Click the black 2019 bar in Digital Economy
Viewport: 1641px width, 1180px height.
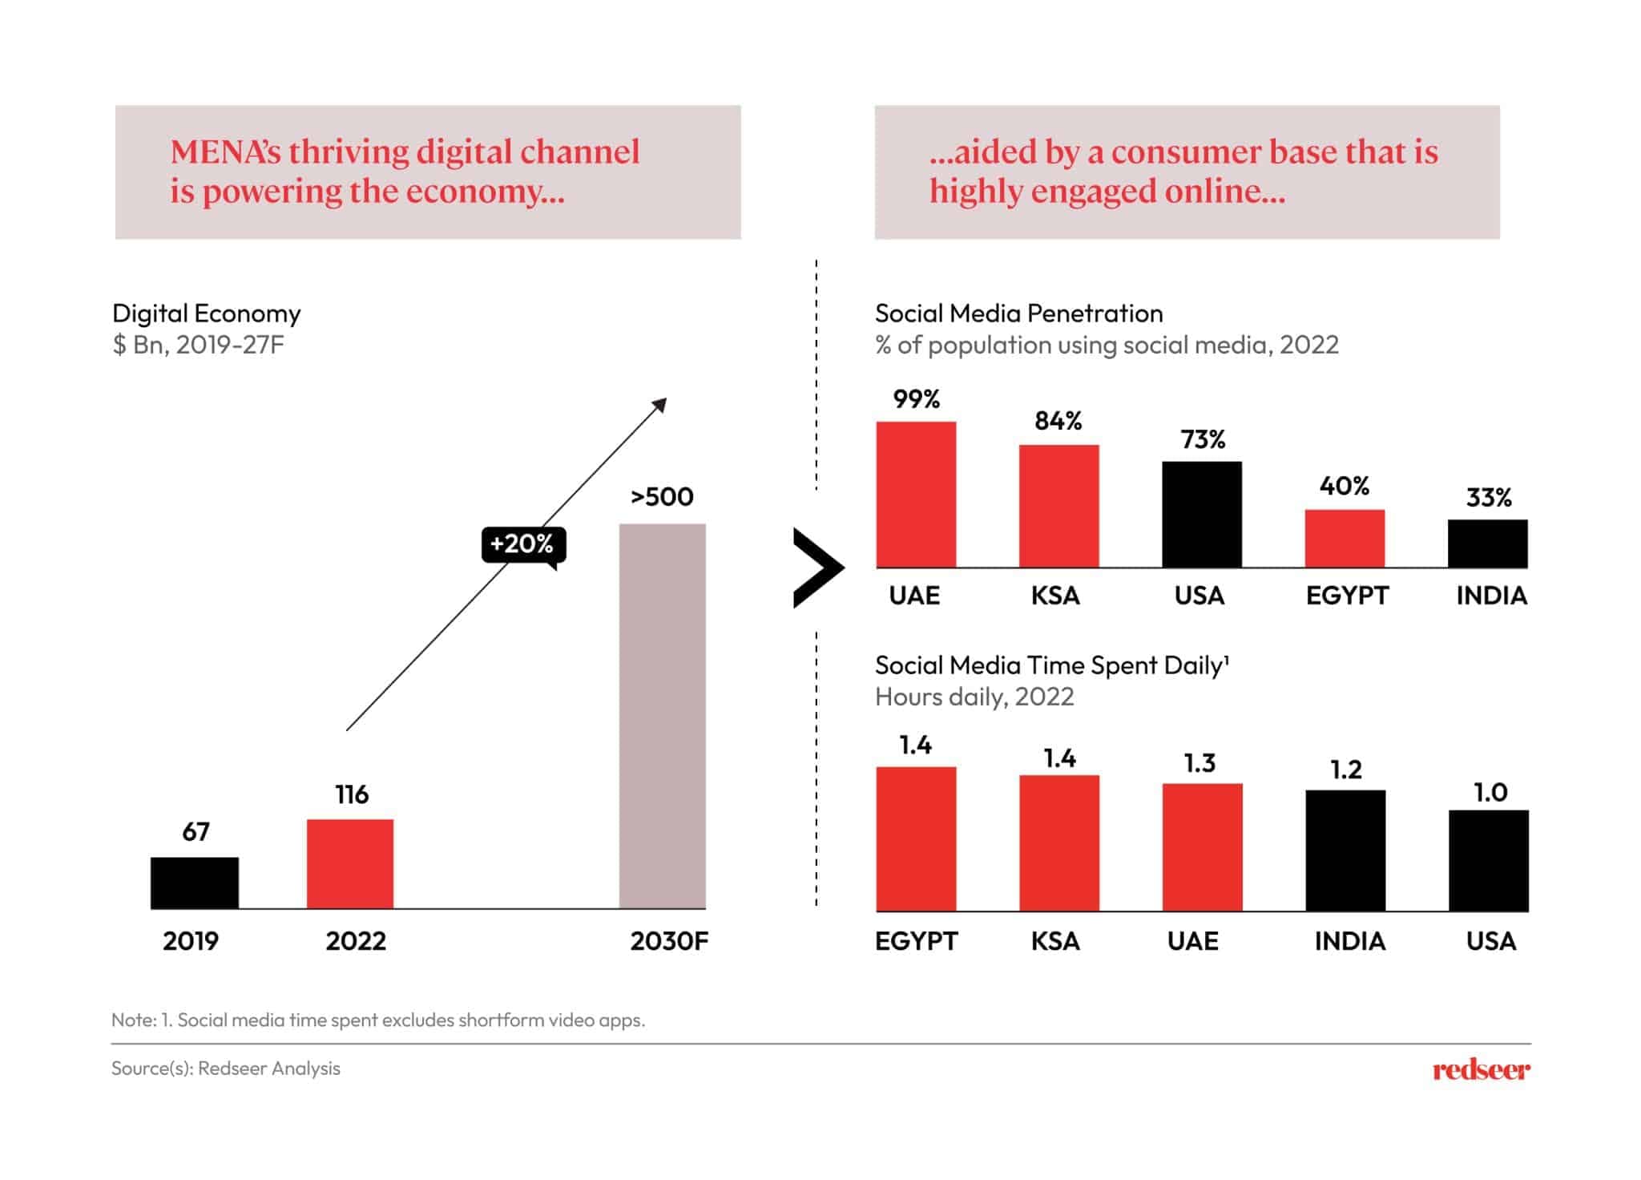pos(194,883)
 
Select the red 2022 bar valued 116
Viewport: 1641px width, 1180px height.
pos(350,863)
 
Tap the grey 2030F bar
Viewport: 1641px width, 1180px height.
pos(662,715)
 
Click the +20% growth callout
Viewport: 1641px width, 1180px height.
pos(522,544)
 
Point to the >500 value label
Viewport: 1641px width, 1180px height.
pos(662,497)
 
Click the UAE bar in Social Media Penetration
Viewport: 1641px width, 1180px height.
pos(916,494)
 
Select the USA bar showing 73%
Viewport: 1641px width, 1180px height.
pos(1201,514)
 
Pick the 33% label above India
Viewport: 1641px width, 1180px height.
pos(1488,498)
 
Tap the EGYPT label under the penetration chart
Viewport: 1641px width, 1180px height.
pos(1346,596)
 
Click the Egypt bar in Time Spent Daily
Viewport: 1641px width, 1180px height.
pos(916,839)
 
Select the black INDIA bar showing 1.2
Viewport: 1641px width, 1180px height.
pos(1345,851)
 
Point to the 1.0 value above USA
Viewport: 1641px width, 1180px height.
pos(1490,793)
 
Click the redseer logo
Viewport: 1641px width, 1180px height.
pos(1481,1070)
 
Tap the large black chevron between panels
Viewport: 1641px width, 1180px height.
pos(816,568)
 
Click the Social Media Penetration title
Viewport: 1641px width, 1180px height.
pos(1018,313)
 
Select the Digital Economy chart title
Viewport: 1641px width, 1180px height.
pos(207,313)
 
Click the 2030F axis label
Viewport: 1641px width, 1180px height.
pos(668,941)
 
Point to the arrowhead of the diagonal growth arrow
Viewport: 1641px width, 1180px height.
pos(660,404)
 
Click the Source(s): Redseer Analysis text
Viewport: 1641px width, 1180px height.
pos(226,1069)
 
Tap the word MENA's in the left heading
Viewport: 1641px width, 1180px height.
pos(225,152)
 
